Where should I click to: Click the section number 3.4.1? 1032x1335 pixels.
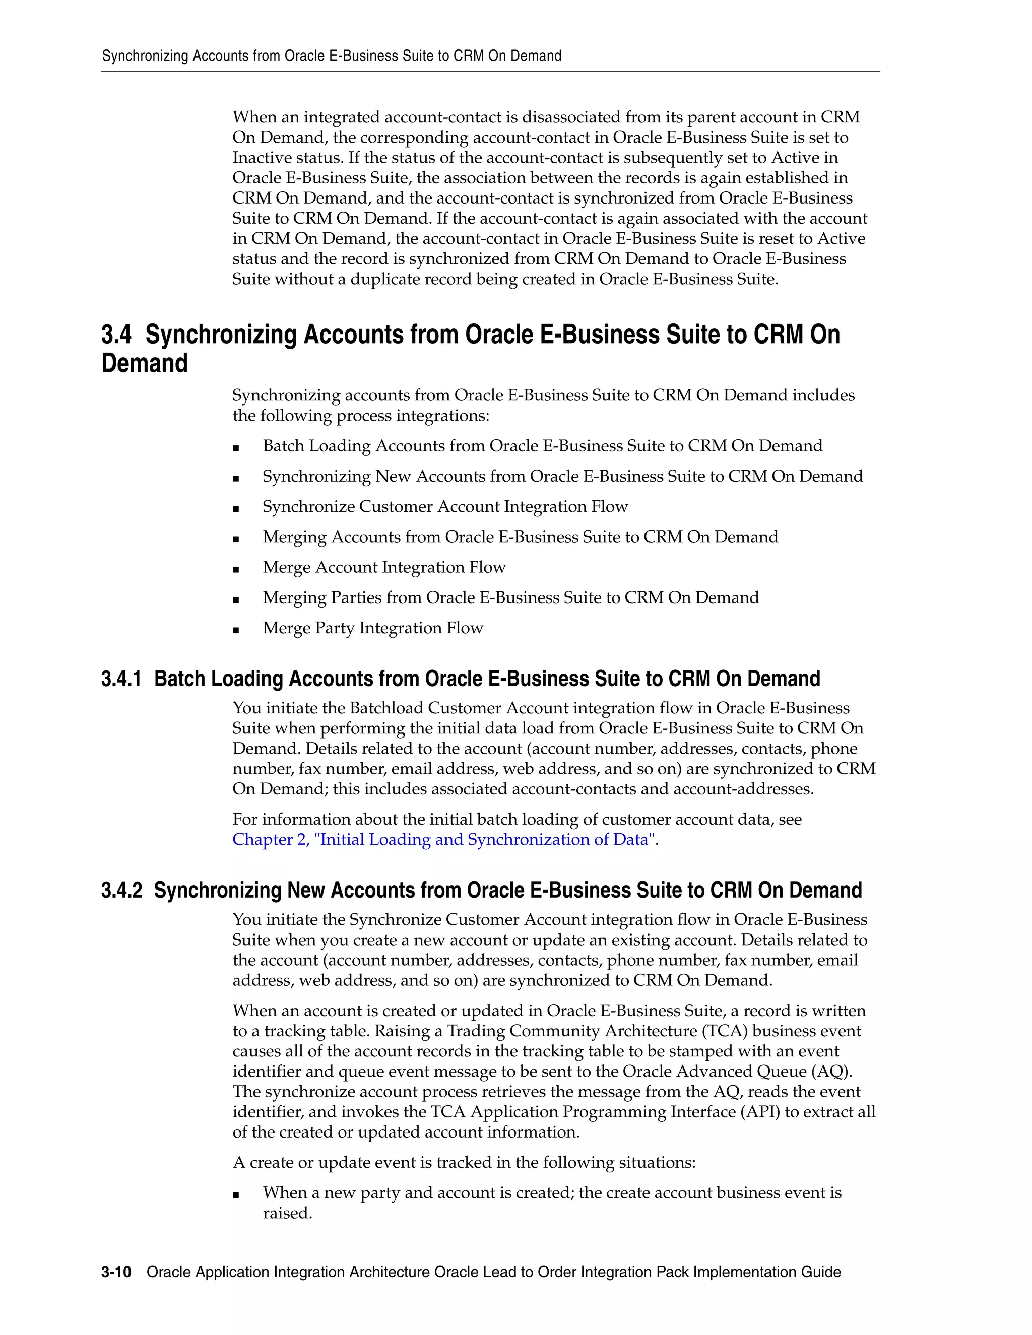[x=121, y=679]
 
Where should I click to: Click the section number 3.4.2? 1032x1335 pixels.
[x=121, y=890]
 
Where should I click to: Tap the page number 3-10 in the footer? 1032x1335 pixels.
[x=116, y=1272]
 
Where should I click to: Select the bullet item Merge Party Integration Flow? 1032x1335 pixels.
[x=372, y=628]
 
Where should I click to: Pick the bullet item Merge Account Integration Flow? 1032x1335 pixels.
[x=384, y=567]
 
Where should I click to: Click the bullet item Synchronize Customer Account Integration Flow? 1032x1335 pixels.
[x=445, y=507]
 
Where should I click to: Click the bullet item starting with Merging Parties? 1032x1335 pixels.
[x=510, y=598]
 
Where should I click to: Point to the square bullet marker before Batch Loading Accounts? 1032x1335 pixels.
[x=236, y=448]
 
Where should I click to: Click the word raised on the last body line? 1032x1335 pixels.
[x=287, y=1214]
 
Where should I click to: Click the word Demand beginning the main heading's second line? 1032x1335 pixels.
[x=144, y=364]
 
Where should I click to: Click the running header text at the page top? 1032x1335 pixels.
[x=332, y=56]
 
